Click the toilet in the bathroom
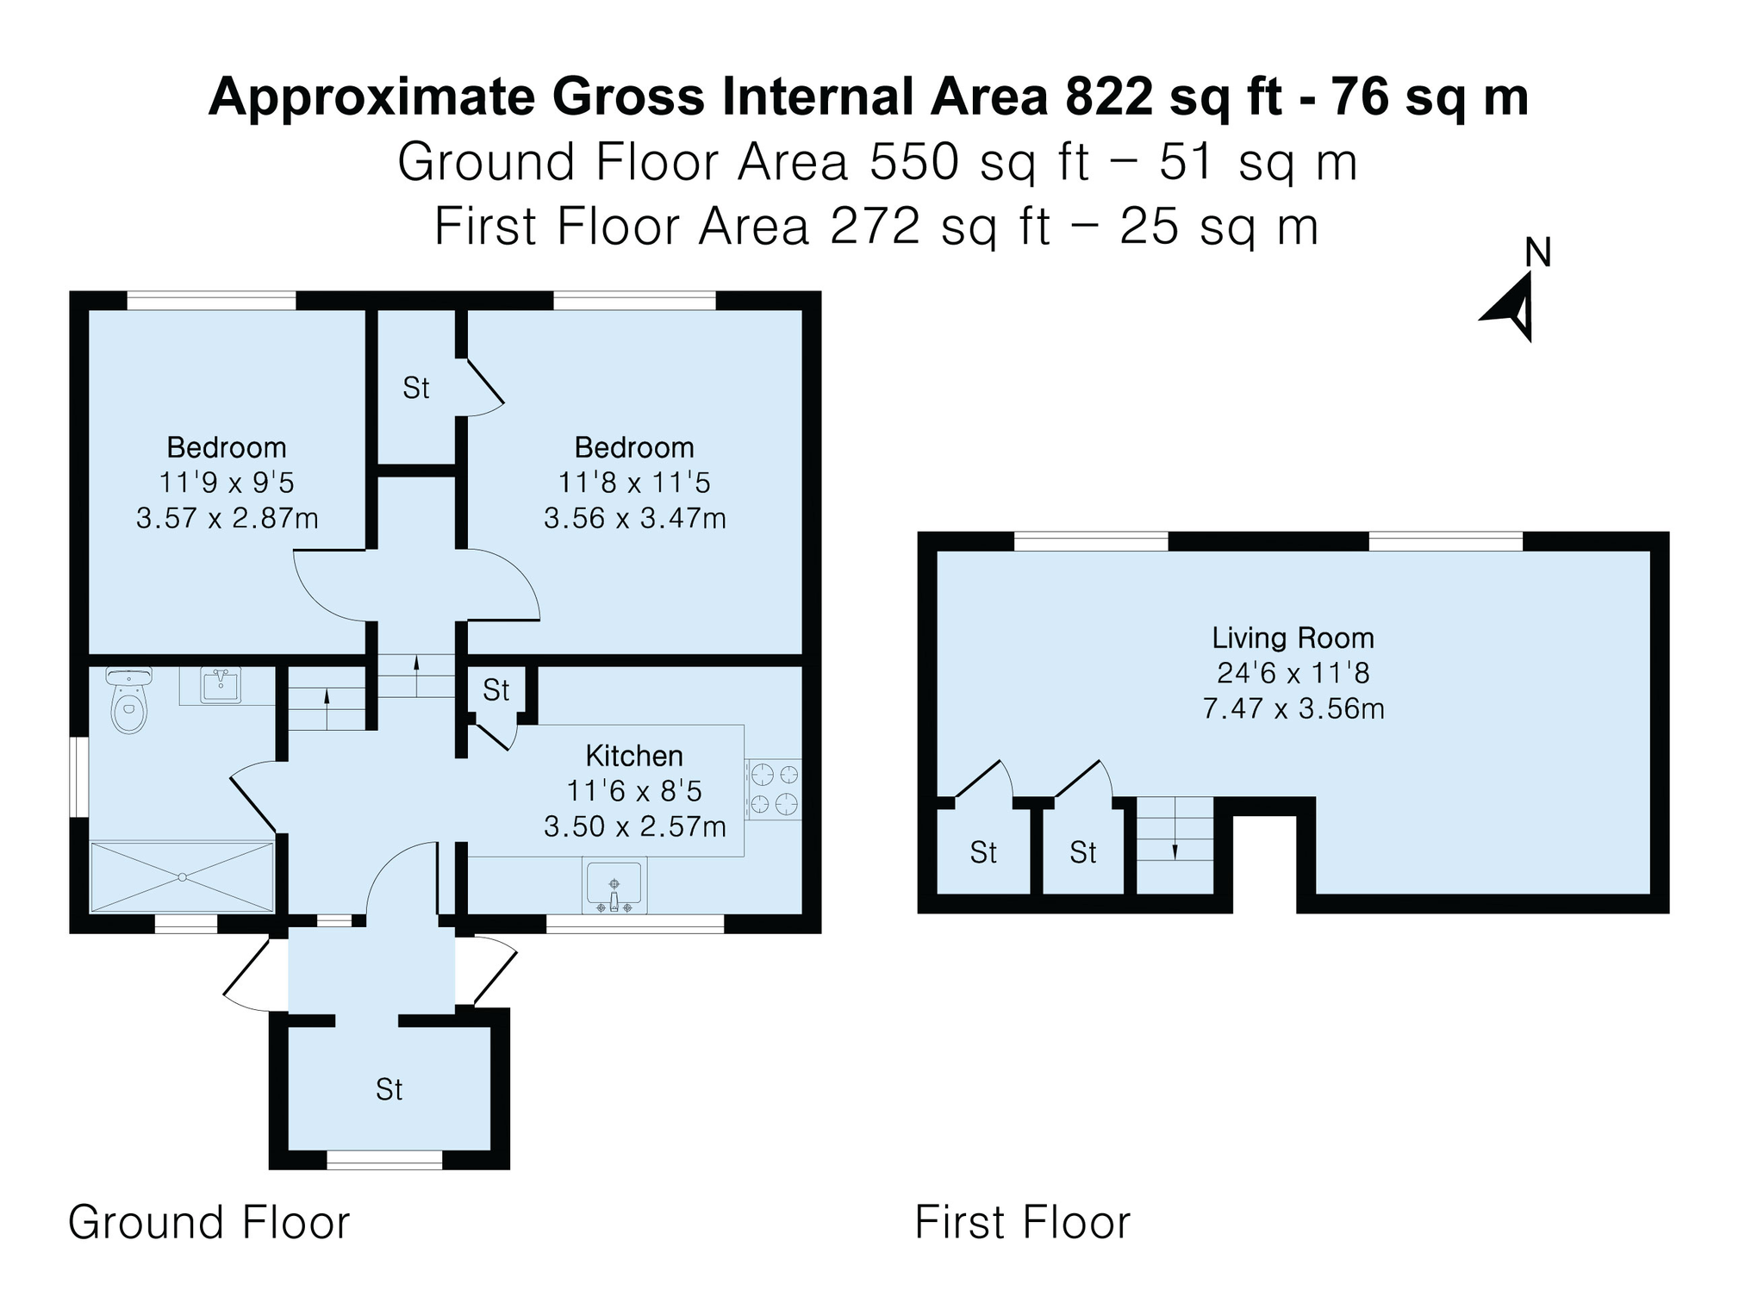[x=129, y=700]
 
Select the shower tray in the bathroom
[x=182, y=877]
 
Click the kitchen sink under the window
[x=614, y=885]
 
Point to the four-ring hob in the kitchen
[x=773, y=789]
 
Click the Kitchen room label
[x=634, y=756]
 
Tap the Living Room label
[x=1293, y=638]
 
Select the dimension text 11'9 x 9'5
[x=227, y=483]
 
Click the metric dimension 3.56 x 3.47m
[x=634, y=518]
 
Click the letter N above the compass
[x=1538, y=252]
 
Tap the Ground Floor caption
[x=209, y=1222]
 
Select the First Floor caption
[x=1023, y=1222]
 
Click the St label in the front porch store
[x=389, y=1089]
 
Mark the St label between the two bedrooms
[x=415, y=389]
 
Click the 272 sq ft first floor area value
[x=939, y=227]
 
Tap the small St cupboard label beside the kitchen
[x=495, y=689]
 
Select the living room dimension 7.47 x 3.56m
[x=1293, y=708]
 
